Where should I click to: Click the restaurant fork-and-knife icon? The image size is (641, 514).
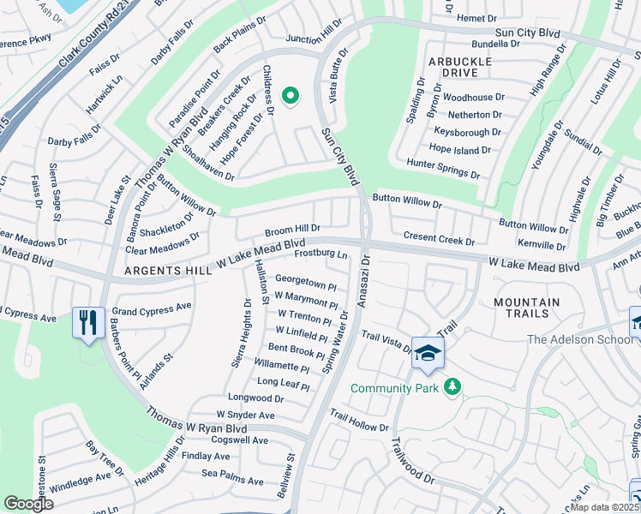[x=88, y=323]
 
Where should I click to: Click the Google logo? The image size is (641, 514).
[x=29, y=503]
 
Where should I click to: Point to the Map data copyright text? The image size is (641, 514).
[x=606, y=507]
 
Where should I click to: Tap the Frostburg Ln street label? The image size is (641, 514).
[x=320, y=254]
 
